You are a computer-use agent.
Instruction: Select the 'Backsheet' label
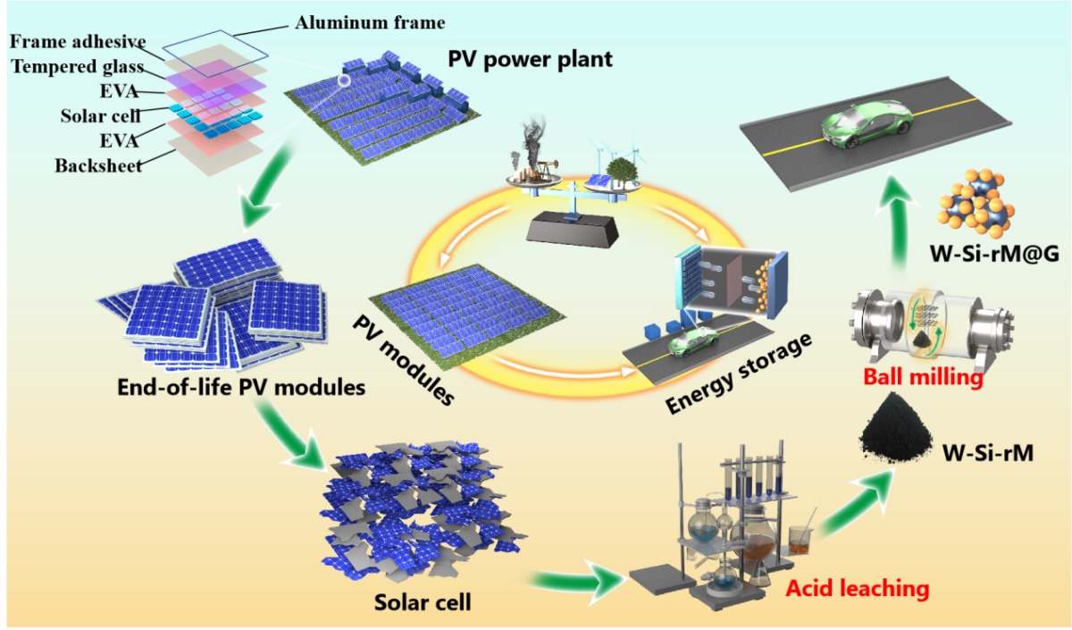tap(97, 166)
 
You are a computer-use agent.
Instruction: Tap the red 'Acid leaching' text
tap(858, 589)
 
